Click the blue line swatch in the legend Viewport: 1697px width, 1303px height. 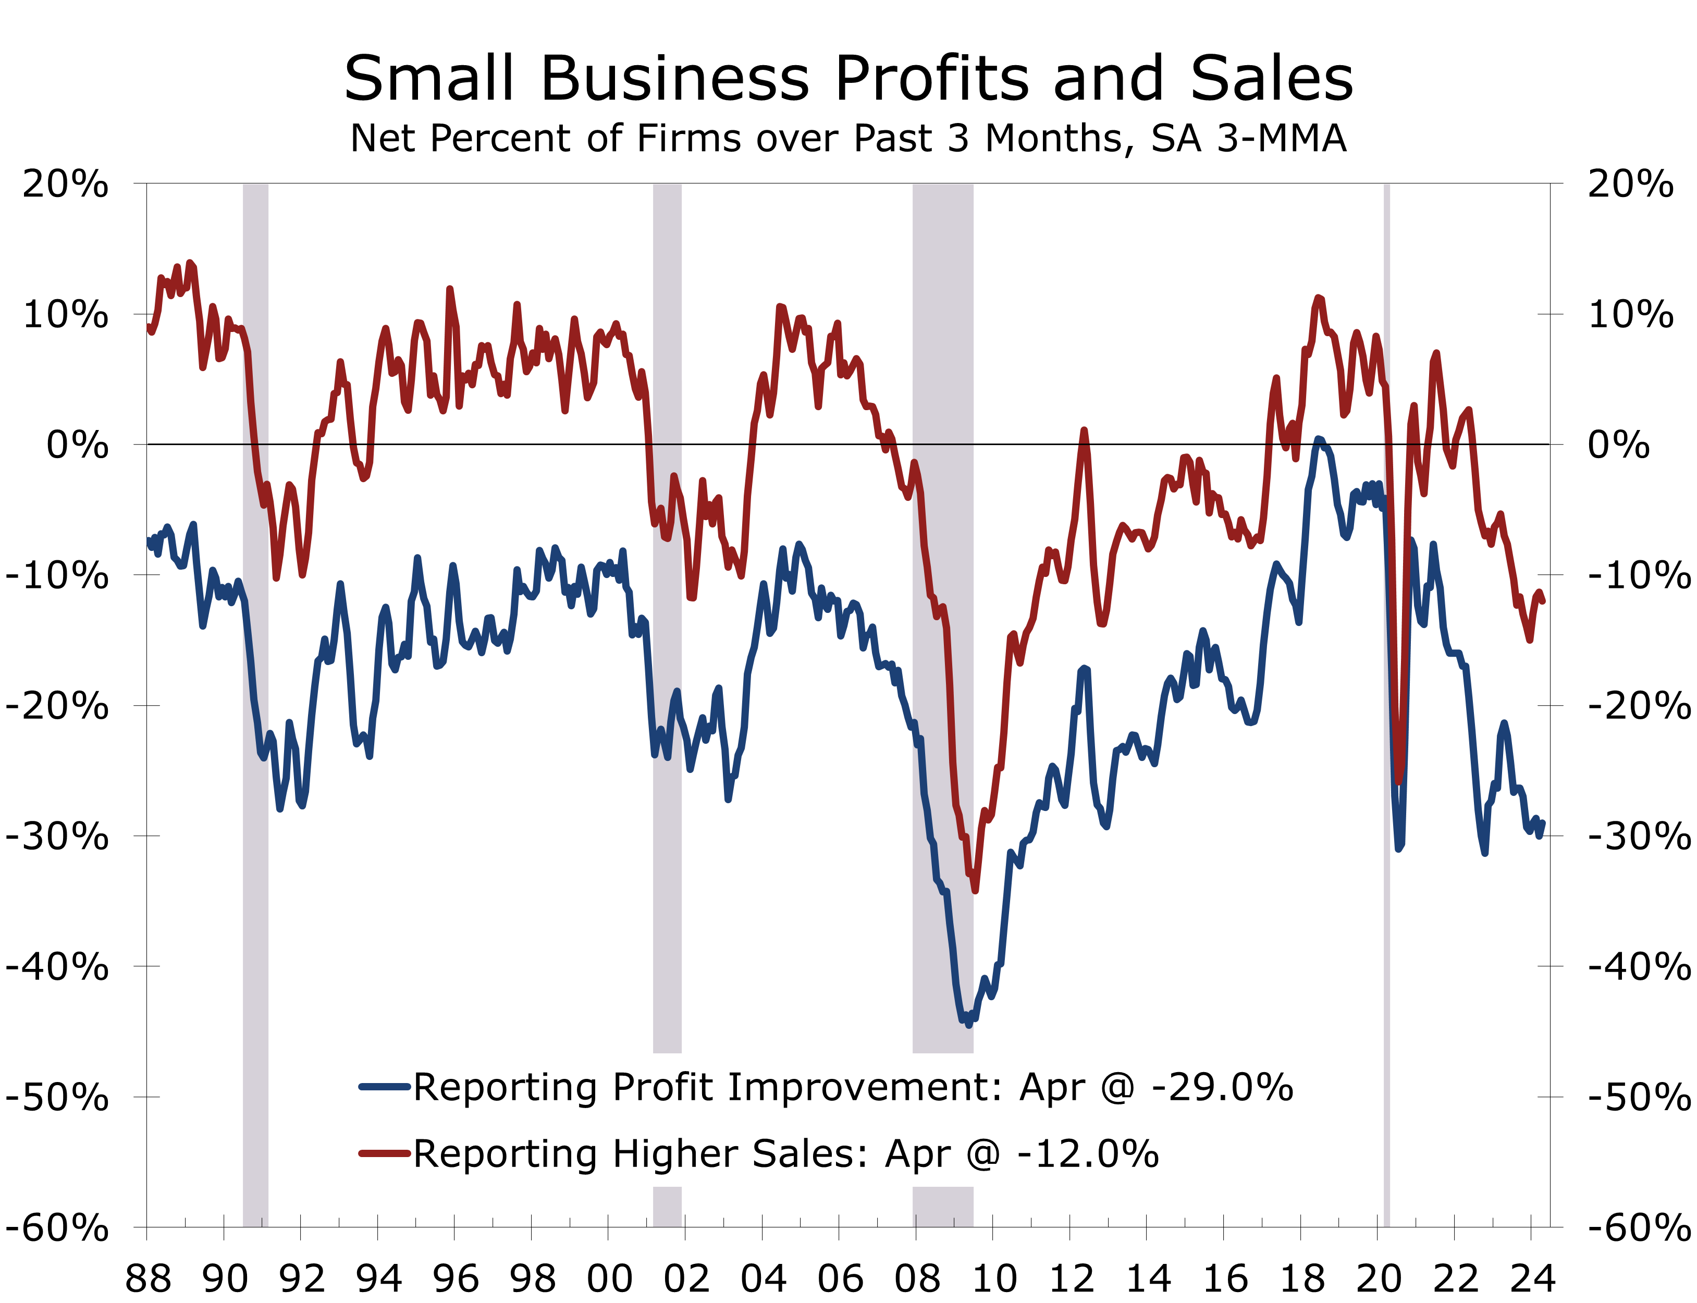384,1087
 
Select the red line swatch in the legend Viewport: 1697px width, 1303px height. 384,1153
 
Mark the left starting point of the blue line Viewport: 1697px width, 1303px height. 149,540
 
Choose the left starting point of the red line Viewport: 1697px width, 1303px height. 149,327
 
